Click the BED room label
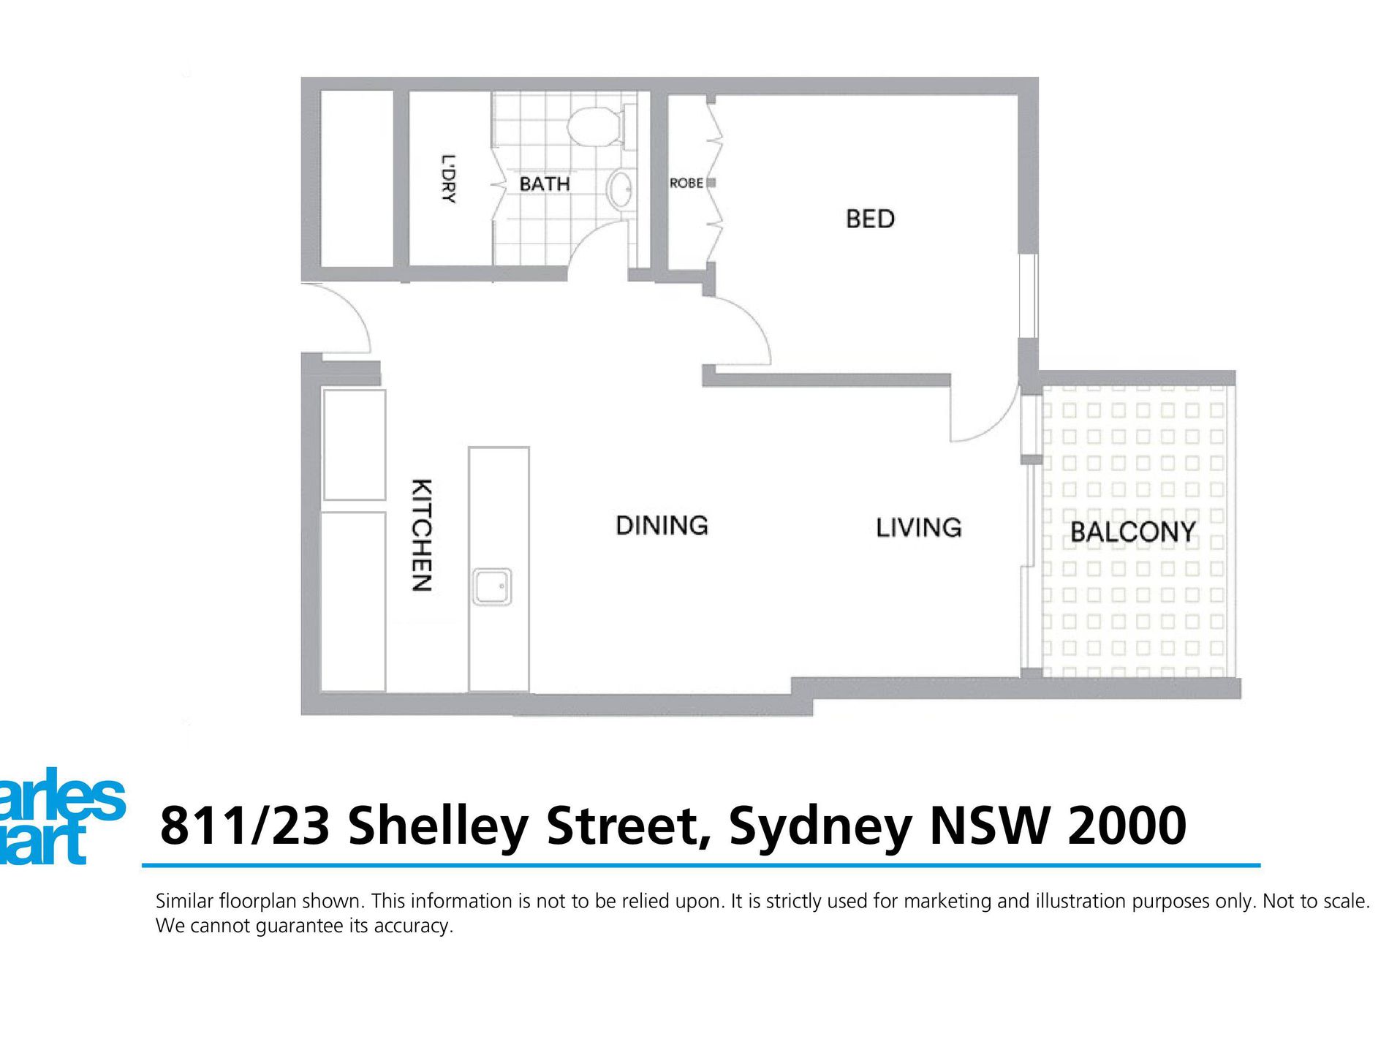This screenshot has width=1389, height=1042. coord(870,219)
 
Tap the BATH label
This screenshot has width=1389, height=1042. coord(544,184)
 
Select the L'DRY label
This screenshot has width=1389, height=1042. coord(448,178)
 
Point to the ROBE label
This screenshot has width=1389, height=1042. coord(686,183)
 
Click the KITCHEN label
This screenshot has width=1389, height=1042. coord(422,535)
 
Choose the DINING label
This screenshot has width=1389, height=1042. coord(662,525)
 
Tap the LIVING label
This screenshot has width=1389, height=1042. coord(918,527)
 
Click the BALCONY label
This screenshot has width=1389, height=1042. coord(1132,532)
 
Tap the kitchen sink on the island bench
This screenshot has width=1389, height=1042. coord(491,586)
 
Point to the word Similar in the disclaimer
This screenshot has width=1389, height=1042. coord(184,901)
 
